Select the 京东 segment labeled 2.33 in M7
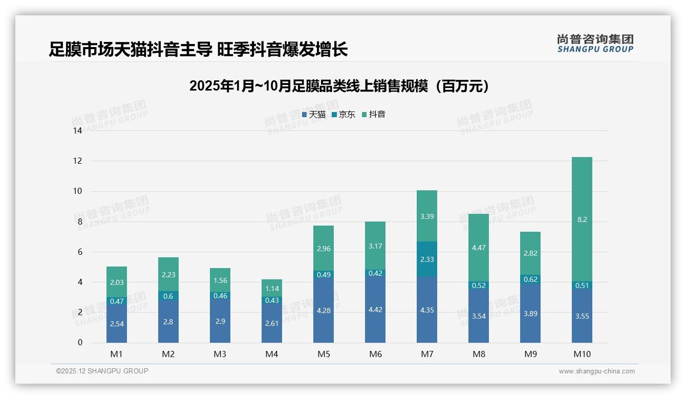tap(426, 259)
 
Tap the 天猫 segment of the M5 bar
tap(323, 310)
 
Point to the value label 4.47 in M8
tap(478, 248)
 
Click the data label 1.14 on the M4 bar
tap(272, 288)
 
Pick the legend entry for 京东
tap(344, 115)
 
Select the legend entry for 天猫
tap(314, 115)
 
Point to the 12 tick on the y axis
tap(78, 161)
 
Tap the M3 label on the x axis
tap(220, 354)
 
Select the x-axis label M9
tap(530, 354)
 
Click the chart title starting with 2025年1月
tap(339, 86)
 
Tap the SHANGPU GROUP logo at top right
tap(595, 43)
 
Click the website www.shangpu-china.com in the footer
tap(596, 371)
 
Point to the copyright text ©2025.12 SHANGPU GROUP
tap(102, 371)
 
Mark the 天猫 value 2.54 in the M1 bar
tap(117, 323)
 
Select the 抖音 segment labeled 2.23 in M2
tap(168, 275)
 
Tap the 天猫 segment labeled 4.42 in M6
tap(375, 309)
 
